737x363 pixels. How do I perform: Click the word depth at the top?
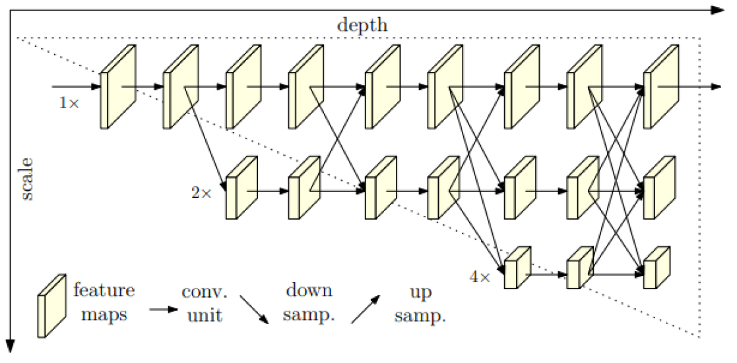362,24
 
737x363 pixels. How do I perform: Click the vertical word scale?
27,180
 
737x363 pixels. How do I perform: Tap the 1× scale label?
69,103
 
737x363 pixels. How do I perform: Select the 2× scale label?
202,193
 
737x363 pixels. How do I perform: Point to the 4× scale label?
480,277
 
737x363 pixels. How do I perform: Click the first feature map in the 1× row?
118,86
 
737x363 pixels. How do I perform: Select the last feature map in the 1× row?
661,86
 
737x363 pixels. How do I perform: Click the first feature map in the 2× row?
241,187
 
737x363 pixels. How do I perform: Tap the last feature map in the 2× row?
659,187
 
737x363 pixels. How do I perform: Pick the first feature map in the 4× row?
517,267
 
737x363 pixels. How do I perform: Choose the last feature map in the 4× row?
657,267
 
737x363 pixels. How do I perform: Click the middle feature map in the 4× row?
581,267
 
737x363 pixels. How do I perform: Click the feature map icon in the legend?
52,306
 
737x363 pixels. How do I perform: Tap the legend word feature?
104,290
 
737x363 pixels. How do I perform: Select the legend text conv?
205,292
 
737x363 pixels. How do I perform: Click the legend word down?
309,290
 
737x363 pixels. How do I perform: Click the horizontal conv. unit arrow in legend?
164,309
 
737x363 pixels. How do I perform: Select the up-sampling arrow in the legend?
366,310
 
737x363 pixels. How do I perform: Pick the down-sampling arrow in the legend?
254,310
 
